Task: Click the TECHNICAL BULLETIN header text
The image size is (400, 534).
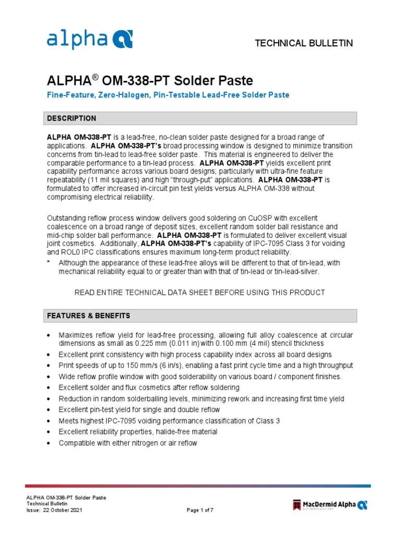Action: tap(304, 43)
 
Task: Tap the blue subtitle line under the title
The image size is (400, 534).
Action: tap(168, 95)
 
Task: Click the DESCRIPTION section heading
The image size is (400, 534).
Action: tap(71, 118)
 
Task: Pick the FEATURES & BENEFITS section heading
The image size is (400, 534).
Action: tap(89, 315)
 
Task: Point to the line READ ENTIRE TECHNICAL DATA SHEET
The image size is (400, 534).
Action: tap(199, 293)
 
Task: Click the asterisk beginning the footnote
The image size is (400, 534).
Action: tap(48, 263)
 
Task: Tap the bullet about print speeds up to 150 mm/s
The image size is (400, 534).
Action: tap(206, 365)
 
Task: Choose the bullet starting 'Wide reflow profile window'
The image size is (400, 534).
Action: tap(201, 377)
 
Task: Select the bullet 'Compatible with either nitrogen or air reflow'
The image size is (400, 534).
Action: tap(128, 443)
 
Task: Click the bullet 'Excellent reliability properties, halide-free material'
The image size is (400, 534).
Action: tap(138, 432)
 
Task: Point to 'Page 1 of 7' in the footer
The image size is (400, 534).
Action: tap(200, 510)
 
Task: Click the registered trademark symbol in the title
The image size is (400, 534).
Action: tap(95, 77)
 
